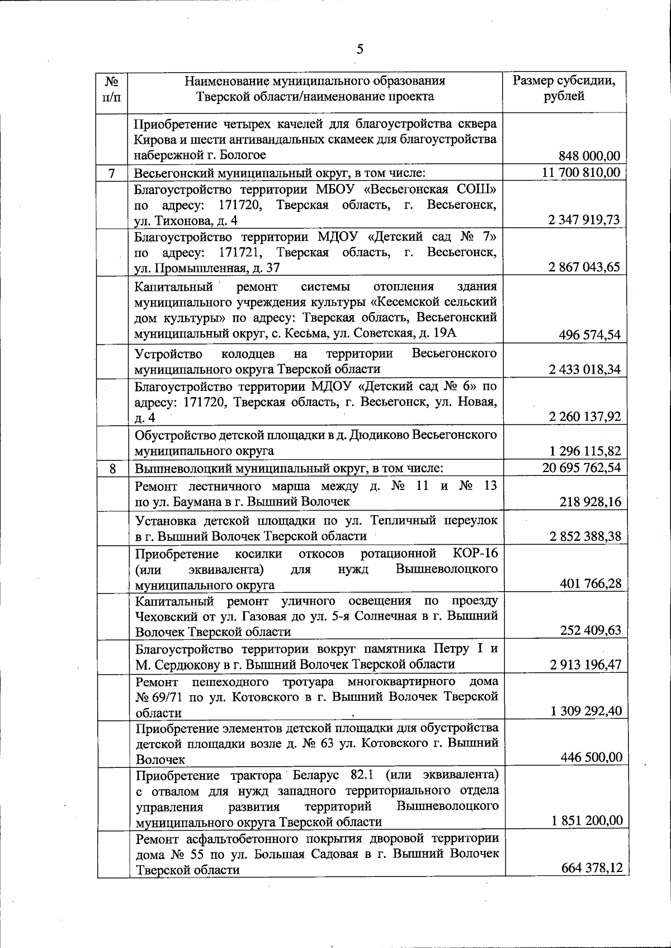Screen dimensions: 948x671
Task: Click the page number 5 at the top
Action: click(x=360, y=49)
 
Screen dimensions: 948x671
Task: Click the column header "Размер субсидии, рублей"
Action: click(x=565, y=88)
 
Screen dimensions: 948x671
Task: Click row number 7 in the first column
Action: click(x=112, y=173)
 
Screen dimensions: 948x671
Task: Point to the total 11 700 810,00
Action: click(x=581, y=172)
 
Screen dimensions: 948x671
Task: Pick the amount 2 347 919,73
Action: click(x=584, y=220)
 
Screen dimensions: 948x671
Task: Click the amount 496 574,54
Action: click(x=589, y=335)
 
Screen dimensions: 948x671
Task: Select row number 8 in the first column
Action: click(x=112, y=468)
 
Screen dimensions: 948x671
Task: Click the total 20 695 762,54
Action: click(x=582, y=468)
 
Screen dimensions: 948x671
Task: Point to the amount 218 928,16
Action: click(x=590, y=502)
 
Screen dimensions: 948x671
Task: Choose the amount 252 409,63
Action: click(x=590, y=630)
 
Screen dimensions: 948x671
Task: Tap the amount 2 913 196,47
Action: click(x=585, y=664)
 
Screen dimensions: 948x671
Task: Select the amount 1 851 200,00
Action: click(x=586, y=820)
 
